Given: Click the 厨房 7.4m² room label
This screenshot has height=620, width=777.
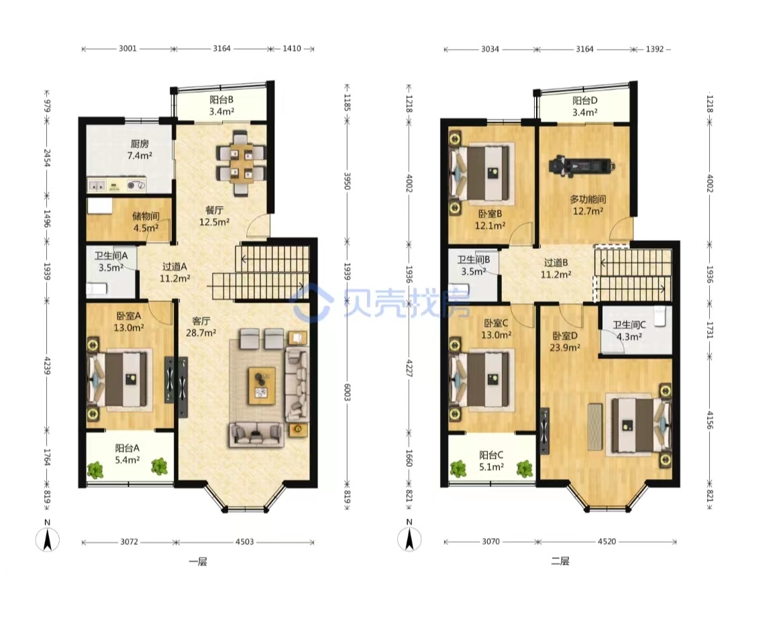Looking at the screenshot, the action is pos(140,150).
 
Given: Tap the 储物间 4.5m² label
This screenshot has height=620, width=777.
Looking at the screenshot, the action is pos(146,222).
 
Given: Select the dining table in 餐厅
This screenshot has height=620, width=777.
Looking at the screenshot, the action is pos(241,163).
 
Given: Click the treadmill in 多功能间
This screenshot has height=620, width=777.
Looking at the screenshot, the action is pos(581,166).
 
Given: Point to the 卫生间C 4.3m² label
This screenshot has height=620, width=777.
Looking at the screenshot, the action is pos(629,331).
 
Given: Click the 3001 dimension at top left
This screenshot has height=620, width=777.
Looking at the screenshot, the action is pos(127,48).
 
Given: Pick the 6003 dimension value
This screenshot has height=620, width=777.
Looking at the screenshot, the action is pos(348,392).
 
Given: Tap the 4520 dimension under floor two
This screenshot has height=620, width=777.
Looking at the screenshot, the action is pos(607,541).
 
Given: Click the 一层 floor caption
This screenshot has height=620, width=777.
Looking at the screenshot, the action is pos(198,562).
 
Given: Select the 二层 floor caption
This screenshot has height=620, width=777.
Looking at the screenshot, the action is pos(560,561).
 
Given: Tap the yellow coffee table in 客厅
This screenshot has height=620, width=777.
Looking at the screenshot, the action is pos(262,386).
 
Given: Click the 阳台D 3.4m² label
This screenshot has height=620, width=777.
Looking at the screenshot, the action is pos(584,106).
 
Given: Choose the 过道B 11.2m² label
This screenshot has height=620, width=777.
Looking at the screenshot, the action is pos(556,268).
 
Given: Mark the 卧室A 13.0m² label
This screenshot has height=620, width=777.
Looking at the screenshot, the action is pos(128,321).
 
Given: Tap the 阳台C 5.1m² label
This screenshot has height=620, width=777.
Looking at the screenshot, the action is pos(491,460).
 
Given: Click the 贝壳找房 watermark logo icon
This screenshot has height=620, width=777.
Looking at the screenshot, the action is pos(311,303).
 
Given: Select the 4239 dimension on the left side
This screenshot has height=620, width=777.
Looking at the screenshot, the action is pos(48,366).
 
